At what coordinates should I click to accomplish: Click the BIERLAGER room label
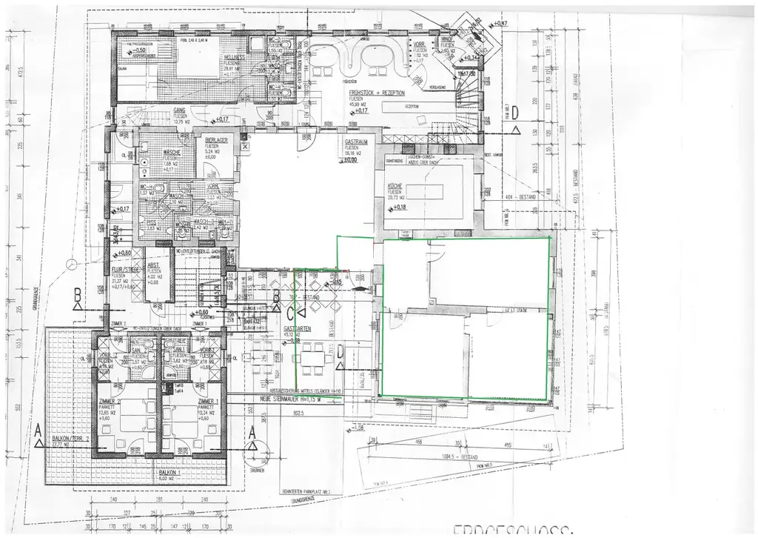217,139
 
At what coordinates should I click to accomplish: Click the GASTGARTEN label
301,327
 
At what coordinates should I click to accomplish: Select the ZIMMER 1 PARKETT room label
208,402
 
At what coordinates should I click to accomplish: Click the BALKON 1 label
167,472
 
